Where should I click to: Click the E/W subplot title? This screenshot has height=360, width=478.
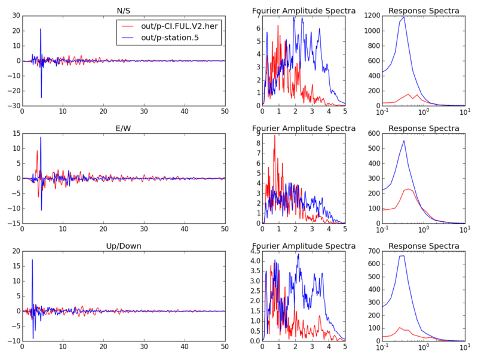click(x=124, y=128)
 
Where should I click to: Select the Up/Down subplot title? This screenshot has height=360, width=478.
click(x=124, y=246)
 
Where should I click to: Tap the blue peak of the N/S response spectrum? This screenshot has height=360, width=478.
click(x=405, y=17)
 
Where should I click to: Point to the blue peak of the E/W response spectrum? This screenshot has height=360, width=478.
click(x=405, y=141)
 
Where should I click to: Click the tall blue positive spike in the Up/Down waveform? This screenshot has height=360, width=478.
click(x=32, y=260)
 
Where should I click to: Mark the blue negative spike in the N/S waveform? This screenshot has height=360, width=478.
click(x=41, y=97)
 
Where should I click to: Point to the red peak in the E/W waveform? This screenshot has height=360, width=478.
click(x=37, y=151)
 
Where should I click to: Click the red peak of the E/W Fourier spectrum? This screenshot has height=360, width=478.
click(x=275, y=135)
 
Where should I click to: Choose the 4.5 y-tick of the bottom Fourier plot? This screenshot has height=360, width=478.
click(x=253, y=251)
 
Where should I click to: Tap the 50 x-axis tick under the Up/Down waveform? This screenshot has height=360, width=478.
click(x=225, y=347)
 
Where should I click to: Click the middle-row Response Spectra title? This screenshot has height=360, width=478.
click(x=424, y=128)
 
